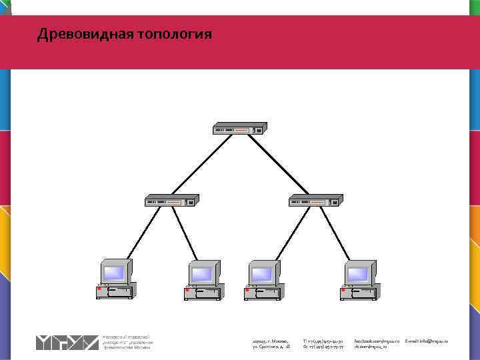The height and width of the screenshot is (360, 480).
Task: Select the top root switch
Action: click(239, 128)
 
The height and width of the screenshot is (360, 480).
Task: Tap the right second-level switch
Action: click(315, 200)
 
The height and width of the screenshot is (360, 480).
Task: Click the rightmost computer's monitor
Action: click(358, 272)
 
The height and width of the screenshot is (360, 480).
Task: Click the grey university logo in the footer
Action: click(67, 343)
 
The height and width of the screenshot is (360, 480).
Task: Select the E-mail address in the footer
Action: click(427, 341)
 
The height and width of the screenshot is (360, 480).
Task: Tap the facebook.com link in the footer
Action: click(377, 341)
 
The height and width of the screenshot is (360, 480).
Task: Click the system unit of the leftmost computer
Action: click(115, 292)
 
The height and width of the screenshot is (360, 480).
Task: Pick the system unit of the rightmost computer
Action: click(359, 292)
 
